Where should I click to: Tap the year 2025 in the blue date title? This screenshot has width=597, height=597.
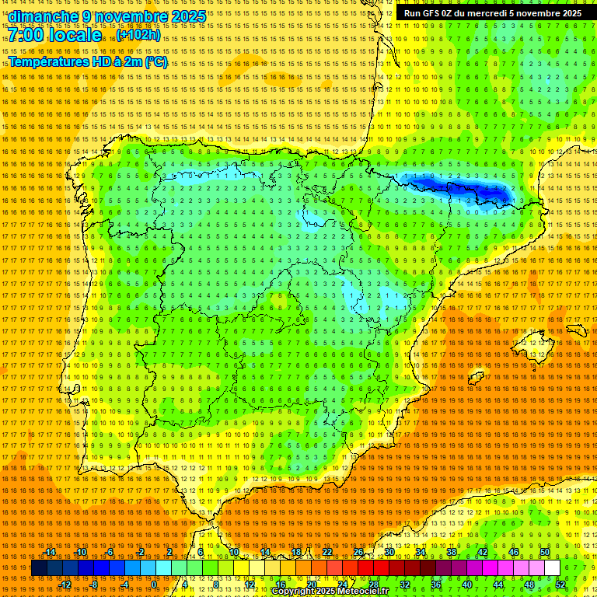click(188, 16)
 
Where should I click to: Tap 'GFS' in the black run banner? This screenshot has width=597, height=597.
click(433, 13)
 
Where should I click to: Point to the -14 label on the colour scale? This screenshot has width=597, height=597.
click(50, 552)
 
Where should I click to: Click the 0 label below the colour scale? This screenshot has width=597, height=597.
click(155, 585)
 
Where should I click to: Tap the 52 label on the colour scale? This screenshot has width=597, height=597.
click(560, 585)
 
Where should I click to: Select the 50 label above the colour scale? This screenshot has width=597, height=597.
click(545, 552)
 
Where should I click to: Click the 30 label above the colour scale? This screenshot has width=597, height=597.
click(389, 552)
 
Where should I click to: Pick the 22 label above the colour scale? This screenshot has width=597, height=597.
click(326, 552)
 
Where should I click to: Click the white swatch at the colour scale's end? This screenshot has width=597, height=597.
click(552, 568)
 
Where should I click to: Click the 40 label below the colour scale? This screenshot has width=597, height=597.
click(466, 585)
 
